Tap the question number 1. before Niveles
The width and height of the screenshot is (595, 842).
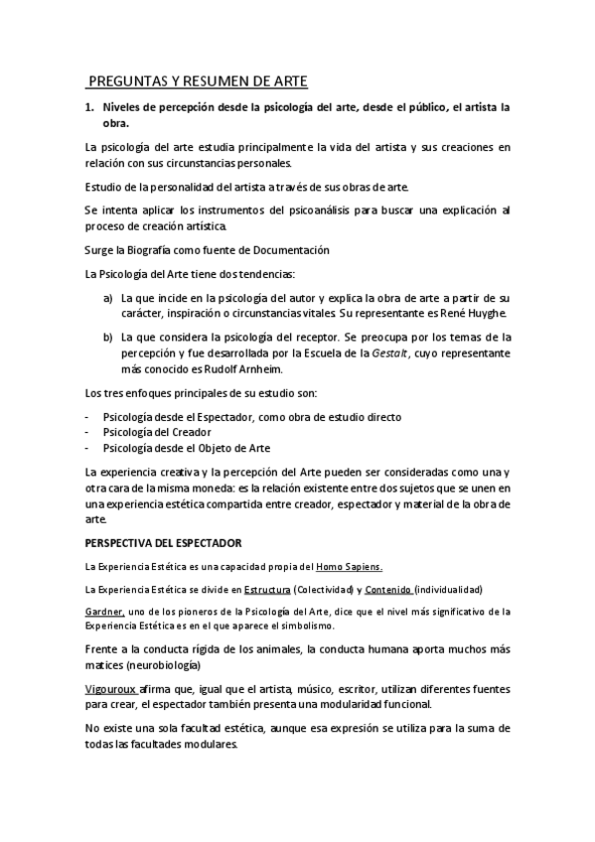[89, 106]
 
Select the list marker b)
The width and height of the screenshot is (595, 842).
[108, 337]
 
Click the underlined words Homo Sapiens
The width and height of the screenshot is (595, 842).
[349, 566]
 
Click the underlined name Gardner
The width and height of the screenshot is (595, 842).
[103, 611]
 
